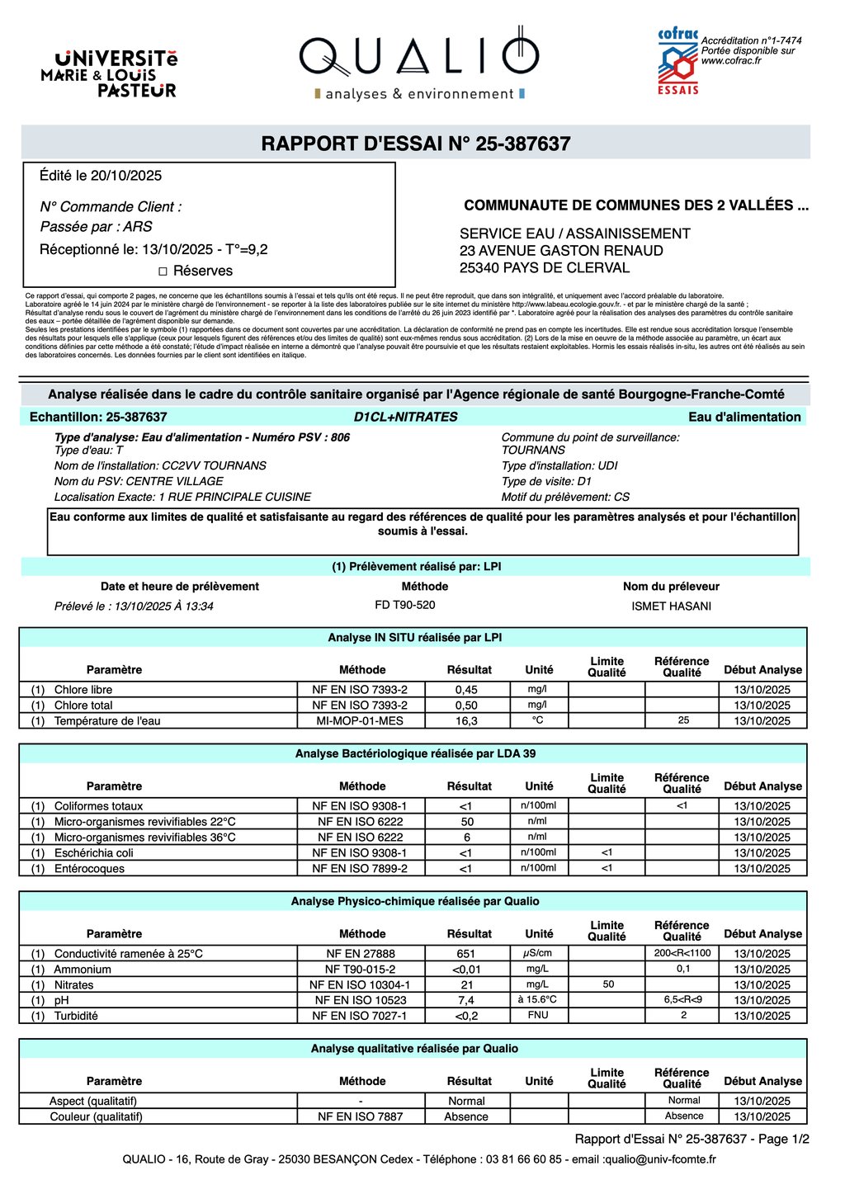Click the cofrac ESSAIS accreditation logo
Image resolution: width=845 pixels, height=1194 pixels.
point(677,62)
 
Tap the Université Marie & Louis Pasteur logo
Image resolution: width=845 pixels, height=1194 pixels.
point(110,73)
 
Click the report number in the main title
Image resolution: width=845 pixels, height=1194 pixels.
point(509,144)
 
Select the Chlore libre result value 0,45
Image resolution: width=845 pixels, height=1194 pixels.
point(466,690)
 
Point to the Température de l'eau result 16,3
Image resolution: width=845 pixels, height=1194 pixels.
point(466,721)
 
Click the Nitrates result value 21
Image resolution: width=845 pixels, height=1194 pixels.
point(466,985)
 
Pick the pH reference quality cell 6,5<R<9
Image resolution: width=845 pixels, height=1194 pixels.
point(682,1000)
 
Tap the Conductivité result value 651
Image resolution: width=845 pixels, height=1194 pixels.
point(466,954)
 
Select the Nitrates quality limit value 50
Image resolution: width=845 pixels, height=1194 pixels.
point(608,984)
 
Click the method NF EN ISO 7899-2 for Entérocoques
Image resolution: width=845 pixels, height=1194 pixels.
point(360,869)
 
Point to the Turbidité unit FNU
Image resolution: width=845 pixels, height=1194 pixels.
point(538,1016)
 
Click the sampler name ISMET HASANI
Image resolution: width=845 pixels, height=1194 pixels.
point(671,606)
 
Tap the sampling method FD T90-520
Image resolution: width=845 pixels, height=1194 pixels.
point(404,606)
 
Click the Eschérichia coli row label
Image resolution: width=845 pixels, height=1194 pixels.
point(93,853)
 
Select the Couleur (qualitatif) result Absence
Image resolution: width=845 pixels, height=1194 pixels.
point(466,1117)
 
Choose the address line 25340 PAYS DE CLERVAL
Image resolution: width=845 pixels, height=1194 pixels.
point(545,268)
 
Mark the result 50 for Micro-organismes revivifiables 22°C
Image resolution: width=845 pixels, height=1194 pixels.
point(467,822)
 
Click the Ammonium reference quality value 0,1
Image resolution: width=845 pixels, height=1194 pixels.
point(683,969)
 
